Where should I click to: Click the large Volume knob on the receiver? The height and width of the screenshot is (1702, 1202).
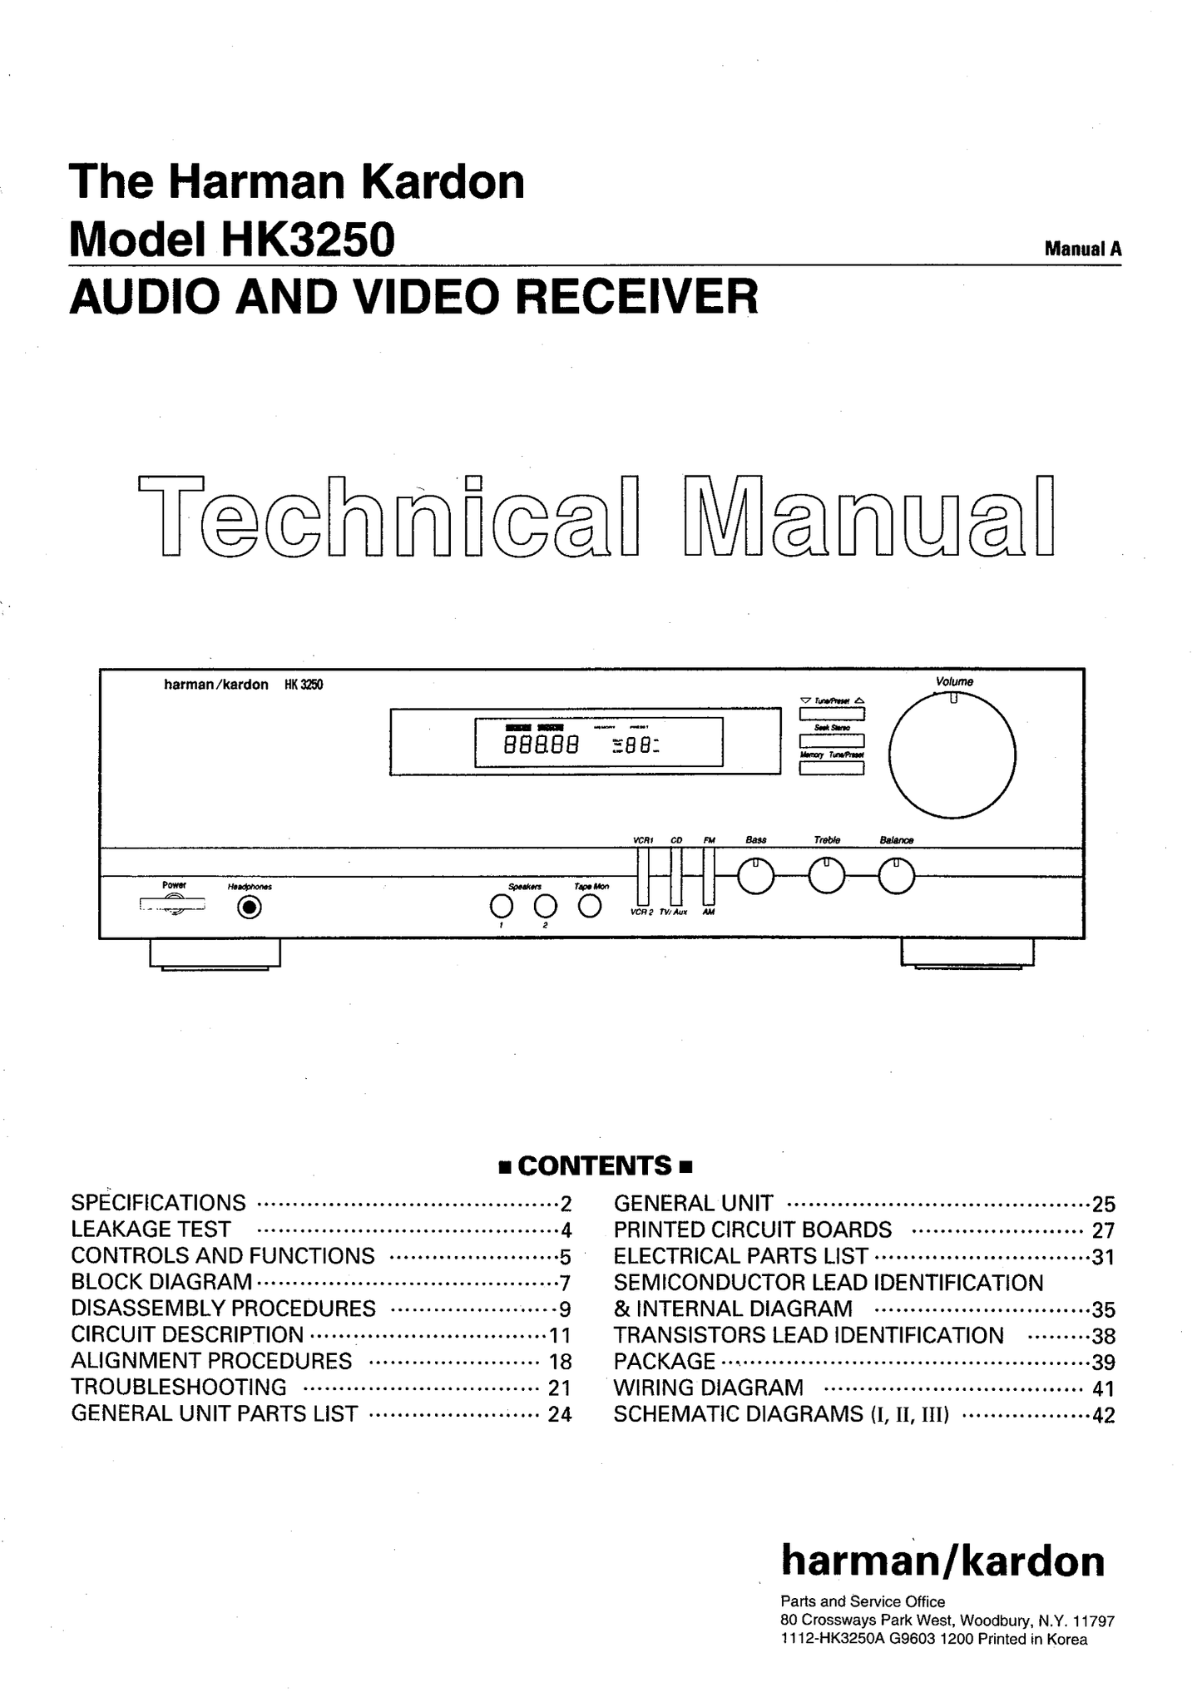[x=952, y=755]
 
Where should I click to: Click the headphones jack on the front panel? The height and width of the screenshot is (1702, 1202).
[x=249, y=907]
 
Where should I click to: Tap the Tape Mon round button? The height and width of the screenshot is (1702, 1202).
[x=590, y=905]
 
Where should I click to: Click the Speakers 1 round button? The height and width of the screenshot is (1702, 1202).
[x=501, y=905]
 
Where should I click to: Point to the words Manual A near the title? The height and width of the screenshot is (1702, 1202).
[x=1083, y=249]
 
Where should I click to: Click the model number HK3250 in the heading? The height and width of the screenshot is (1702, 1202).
[x=307, y=240]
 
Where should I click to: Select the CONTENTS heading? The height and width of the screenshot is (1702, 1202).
[x=595, y=1165]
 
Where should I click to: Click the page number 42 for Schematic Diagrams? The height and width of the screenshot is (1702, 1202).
[x=1103, y=1415]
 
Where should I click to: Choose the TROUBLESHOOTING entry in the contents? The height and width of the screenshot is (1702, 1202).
[x=179, y=1388]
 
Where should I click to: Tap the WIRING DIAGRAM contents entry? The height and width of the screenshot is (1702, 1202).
[x=709, y=1388]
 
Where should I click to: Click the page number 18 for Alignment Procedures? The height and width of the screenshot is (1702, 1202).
[x=559, y=1362]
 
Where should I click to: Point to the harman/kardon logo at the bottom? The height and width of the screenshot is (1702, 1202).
[x=942, y=1561]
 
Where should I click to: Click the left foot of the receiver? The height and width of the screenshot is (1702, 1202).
[x=215, y=953]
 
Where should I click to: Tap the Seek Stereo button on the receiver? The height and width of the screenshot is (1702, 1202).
[x=832, y=740]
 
